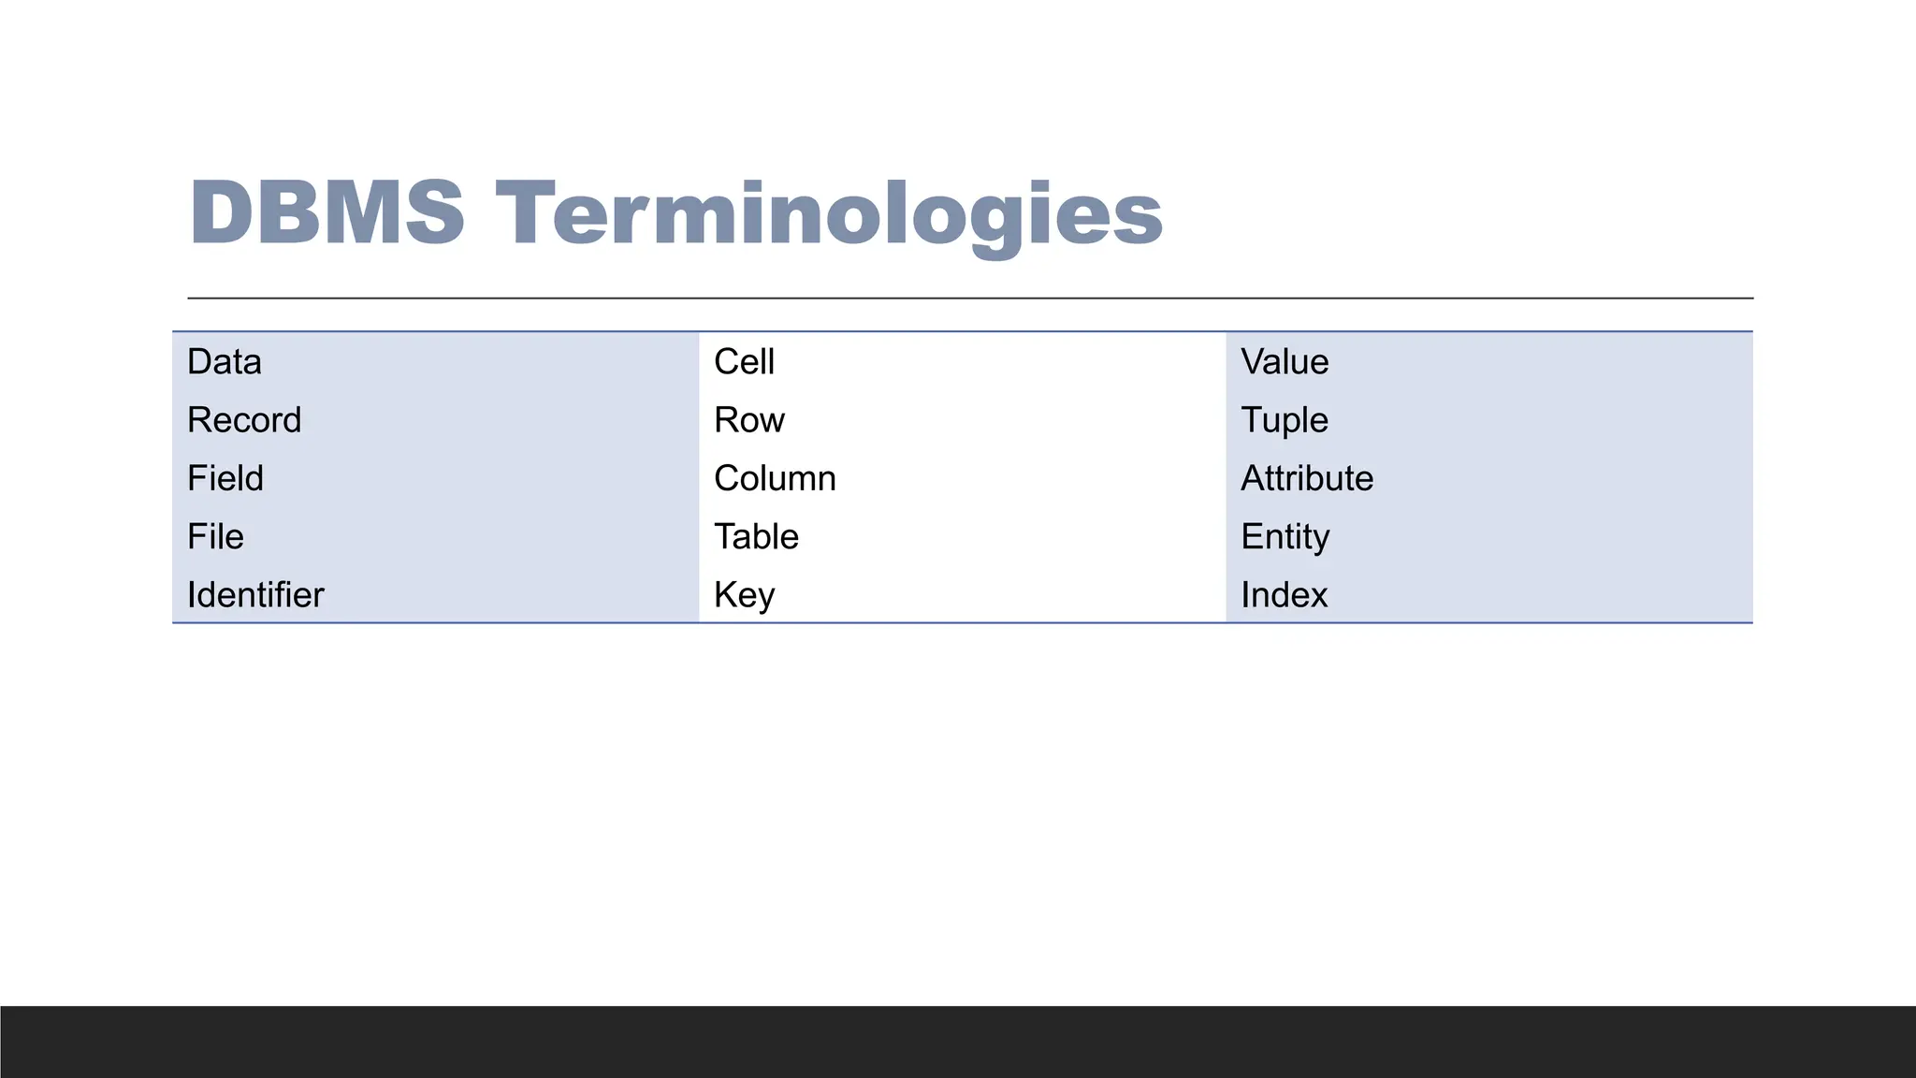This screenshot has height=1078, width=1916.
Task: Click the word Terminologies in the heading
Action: point(829,215)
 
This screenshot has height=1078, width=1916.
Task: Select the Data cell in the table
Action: point(225,362)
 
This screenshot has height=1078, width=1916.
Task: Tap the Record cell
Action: point(244,420)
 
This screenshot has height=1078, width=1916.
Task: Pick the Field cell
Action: point(225,478)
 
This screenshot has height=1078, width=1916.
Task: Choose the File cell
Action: point(215,536)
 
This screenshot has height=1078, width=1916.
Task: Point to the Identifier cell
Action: point(255,595)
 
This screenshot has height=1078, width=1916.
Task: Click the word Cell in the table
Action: point(744,362)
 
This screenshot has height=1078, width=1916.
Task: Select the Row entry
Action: point(748,420)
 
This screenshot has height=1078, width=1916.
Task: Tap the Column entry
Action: point(775,478)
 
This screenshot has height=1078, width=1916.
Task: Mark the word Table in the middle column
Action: point(756,536)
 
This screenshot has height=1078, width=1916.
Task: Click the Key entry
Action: point(744,595)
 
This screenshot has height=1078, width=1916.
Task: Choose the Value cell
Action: point(1285,362)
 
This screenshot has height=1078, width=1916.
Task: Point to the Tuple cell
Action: point(1285,420)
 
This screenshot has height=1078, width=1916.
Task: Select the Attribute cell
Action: point(1307,478)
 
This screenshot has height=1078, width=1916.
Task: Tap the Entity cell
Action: point(1285,536)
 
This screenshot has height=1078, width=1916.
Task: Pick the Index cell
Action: point(1284,595)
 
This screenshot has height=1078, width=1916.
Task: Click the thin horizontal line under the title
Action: point(970,299)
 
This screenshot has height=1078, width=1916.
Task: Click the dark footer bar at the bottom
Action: point(958,1042)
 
